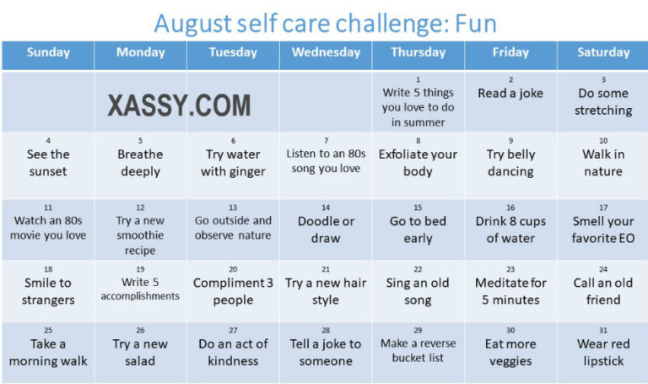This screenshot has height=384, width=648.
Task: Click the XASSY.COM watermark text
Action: coord(179,105)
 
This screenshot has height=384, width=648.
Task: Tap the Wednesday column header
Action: coord(326,52)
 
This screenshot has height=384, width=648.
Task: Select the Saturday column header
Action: coord(602,52)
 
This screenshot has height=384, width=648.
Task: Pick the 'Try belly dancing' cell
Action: coord(510,163)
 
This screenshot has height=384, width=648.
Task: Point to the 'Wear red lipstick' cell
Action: coord(602,352)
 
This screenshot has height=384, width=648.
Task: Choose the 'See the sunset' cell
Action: coord(47,163)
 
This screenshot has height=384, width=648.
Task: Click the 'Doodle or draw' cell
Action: coord(326,230)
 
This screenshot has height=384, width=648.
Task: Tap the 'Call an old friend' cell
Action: coord(602,291)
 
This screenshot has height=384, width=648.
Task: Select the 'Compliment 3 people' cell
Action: coord(233,291)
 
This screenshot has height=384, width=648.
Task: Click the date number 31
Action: coord(603,330)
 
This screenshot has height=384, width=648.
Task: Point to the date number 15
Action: coord(418,208)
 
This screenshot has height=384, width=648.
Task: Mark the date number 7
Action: coord(326,141)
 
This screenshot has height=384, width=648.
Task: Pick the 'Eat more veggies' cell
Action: coord(510,352)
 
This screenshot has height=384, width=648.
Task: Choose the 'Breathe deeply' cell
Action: coord(140,163)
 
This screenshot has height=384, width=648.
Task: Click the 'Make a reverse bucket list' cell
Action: coord(418,350)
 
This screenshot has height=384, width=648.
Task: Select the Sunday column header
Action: coord(48,52)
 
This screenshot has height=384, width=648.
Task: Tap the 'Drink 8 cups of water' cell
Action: coord(510,230)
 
